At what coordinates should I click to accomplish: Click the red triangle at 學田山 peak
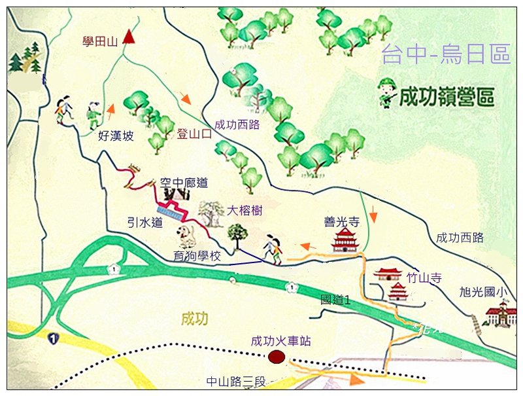tap(128, 36)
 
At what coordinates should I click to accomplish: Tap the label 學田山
tap(99, 42)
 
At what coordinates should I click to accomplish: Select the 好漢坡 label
tap(116, 136)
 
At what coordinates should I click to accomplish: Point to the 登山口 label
tap(195, 135)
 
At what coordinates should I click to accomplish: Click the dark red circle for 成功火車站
tap(277, 357)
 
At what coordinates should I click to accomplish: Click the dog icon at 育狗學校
tap(185, 235)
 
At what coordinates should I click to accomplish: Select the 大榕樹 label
tap(245, 211)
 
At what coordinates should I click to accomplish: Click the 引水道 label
tap(144, 223)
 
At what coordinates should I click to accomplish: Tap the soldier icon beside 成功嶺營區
tap(387, 94)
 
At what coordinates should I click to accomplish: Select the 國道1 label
tap(335, 300)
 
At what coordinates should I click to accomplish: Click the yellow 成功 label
tap(195, 319)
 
